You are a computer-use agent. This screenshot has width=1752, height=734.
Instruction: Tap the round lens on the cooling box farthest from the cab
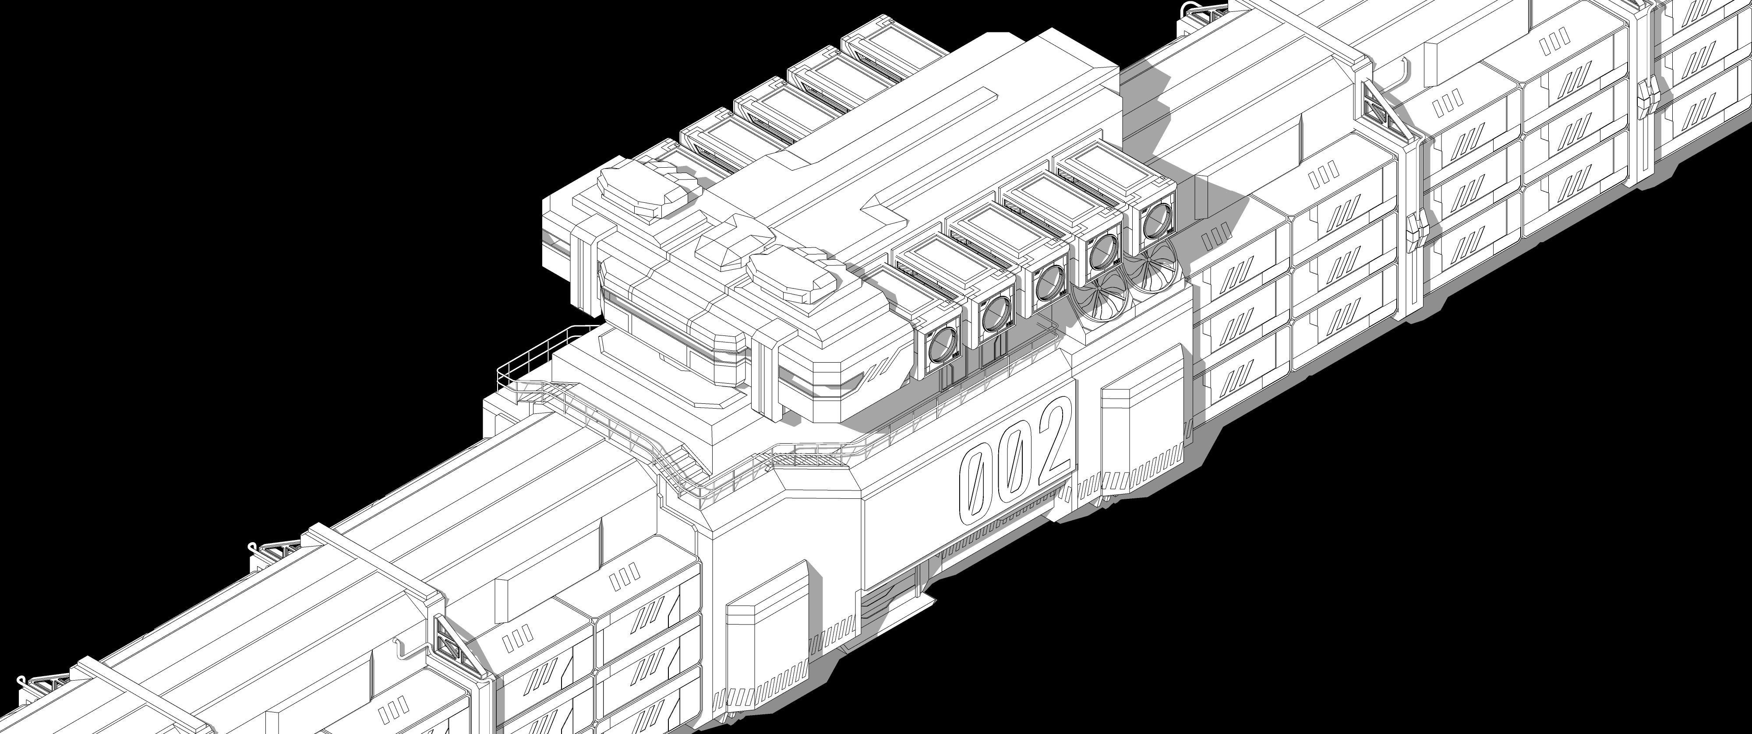pos(1154,220)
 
